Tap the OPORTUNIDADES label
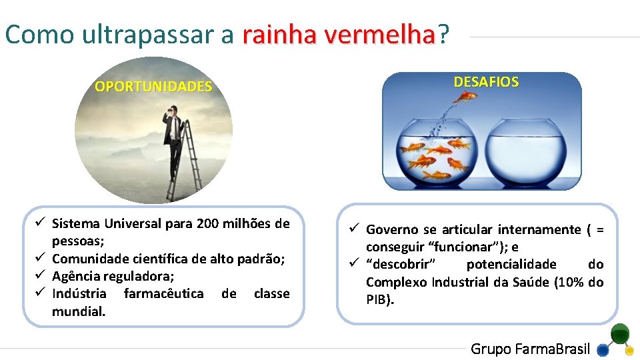point(153,87)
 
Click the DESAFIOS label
point(486,82)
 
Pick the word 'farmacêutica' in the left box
point(164,293)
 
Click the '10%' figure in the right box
point(571,282)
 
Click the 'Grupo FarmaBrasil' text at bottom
point(531,349)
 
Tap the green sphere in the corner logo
point(620,333)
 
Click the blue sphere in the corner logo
point(603,349)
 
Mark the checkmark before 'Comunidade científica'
point(41,258)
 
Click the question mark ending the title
point(443,35)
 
